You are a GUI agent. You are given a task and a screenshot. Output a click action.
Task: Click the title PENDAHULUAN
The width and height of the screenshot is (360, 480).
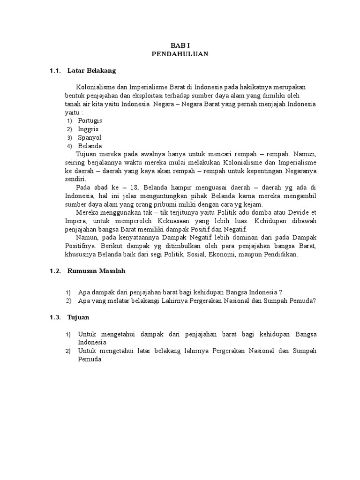[x=180, y=54]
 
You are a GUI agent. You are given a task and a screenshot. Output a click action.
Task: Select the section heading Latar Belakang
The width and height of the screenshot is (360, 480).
[x=91, y=71]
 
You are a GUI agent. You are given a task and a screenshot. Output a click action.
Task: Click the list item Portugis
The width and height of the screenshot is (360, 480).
[x=90, y=120]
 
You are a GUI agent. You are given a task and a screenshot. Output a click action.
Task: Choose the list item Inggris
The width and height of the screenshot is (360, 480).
[x=89, y=129]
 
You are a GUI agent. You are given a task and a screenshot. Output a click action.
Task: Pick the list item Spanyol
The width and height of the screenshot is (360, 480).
[x=90, y=137]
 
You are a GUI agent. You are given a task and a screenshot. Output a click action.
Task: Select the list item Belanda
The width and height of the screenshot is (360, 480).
[x=90, y=146]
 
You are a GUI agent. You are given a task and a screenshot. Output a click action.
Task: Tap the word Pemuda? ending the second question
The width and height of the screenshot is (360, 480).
[x=303, y=301]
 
